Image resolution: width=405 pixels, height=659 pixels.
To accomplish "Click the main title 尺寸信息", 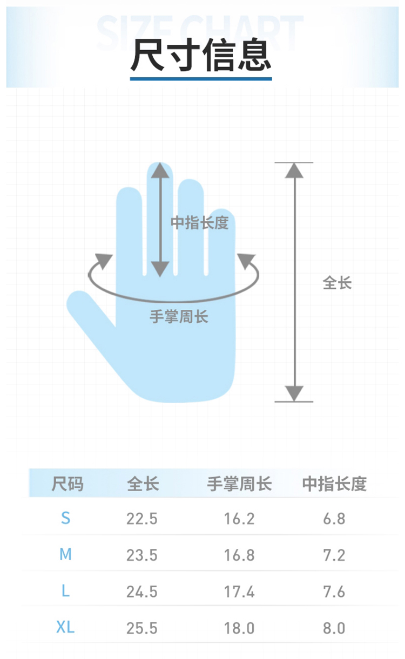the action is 201,55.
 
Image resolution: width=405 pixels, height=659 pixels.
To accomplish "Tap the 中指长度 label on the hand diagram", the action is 200,222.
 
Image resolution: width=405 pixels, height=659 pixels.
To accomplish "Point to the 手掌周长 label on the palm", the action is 179,317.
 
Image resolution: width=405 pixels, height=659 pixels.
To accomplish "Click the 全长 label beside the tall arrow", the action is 337,283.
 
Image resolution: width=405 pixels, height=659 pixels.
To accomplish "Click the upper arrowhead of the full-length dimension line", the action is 294,171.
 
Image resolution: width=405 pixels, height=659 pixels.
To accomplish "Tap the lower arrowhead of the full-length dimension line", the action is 294,393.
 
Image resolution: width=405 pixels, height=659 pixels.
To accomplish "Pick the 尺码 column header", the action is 67,484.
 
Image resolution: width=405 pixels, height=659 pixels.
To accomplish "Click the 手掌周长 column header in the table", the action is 239,484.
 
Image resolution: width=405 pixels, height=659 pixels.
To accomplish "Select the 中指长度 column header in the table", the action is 335,484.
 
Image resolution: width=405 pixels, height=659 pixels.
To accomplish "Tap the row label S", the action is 66,518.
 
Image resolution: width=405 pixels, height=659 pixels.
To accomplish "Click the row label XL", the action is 65,627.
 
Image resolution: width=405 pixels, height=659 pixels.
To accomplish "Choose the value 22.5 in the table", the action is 142,519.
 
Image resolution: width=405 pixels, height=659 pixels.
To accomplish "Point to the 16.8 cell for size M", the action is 239,555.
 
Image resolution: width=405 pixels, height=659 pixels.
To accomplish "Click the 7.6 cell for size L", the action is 334,592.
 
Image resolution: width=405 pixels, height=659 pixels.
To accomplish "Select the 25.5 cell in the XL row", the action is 142,628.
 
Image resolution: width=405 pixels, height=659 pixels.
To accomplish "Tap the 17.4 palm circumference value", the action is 239,592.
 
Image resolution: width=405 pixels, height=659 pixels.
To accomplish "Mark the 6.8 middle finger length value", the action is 334,519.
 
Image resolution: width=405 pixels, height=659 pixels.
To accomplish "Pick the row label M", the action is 65,554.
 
